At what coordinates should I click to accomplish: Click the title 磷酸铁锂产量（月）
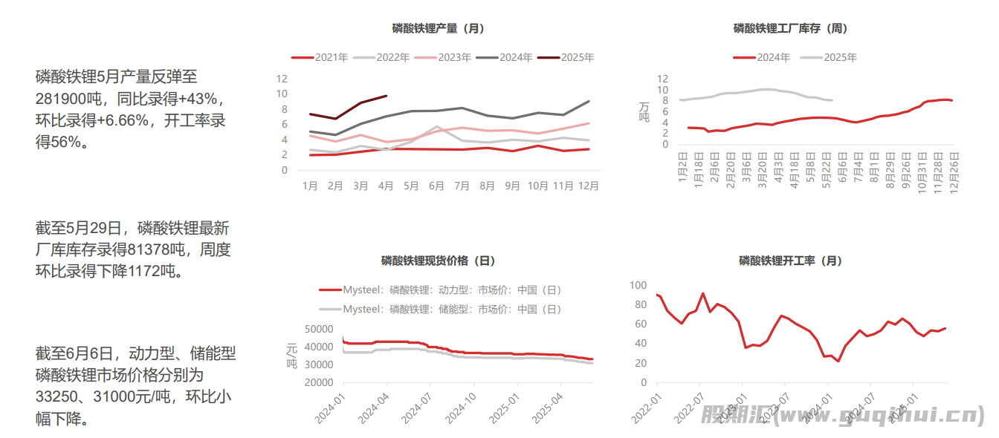point(438,29)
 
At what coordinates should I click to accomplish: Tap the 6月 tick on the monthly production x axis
point(436,186)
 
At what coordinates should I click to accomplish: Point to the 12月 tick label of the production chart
point(588,186)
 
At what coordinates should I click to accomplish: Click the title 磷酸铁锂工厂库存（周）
point(790,29)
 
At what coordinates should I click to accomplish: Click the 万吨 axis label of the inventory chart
point(644,111)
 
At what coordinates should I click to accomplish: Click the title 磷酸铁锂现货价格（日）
point(438,261)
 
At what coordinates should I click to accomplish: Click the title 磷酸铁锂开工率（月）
point(790,261)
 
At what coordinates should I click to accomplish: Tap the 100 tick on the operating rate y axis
point(638,285)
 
